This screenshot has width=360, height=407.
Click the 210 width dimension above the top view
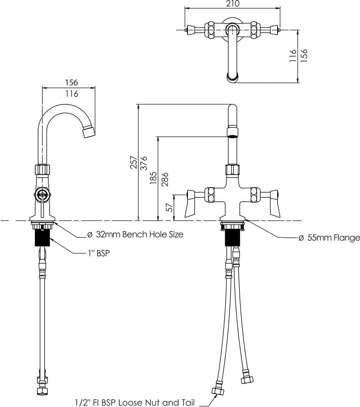tap(232, 4)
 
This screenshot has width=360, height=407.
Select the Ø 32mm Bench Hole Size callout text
tap(135, 234)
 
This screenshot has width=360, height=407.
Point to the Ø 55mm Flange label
tap(329, 238)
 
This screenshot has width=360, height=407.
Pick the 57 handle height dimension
tap(168, 207)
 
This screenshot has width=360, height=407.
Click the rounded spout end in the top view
tap(233, 76)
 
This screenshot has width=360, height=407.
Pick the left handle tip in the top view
tap(188, 30)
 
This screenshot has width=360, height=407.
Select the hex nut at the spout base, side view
tap(42, 169)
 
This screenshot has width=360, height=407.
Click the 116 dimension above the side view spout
tap(72, 94)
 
